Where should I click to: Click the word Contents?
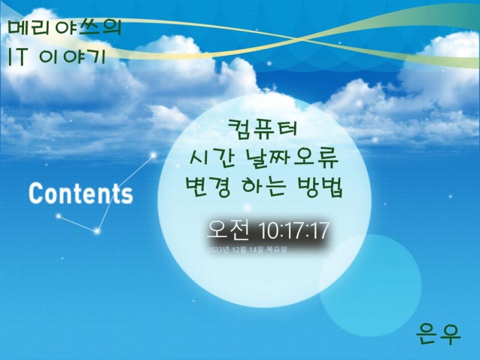point(81,193)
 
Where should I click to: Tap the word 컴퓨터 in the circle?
point(263,129)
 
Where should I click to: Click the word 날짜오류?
point(292,158)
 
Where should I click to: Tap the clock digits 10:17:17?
point(294,230)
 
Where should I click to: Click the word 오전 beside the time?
point(229,230)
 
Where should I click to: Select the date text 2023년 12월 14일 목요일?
point(247,250)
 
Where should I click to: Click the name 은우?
point(438,334)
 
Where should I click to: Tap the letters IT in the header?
point(18,57)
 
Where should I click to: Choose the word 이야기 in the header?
point(73,57)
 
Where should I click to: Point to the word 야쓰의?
point(88,28)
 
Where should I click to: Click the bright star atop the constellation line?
point(153,155)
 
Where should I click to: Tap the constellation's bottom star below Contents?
point(97,231)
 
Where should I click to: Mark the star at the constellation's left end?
point(58,216)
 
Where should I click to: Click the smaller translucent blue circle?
point(370,286)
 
